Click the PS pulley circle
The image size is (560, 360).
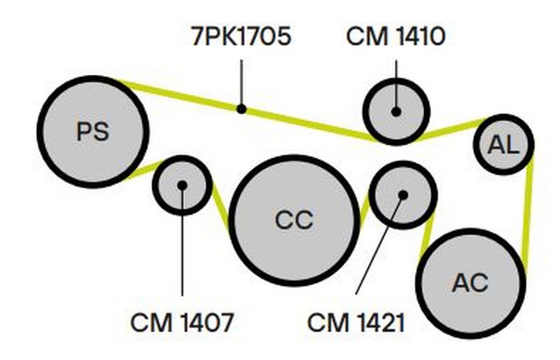pyautogui.click(x=92, y=131)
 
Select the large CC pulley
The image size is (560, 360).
pyautogui.click(x=293, y=220)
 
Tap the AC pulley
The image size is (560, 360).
pyautogui.click(x=470, y=283)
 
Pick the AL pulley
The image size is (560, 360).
pyautogui.click(x=504, y=145)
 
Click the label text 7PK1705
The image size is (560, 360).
pyautogui.click(x=241, y=36)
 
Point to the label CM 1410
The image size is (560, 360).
pyautogui.click(x=395, y=36)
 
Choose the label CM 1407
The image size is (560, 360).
pyautogui.click(x=181, y=324)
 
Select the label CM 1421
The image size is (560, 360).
pyautogui.click(x=357, y=324)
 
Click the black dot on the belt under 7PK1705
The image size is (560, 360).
pyautogui.click(x=241, y=109)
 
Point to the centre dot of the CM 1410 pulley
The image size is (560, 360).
pyautogui.click(x=395, y=111)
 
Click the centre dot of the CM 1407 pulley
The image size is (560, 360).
pyautogui.click(x=182, y=186)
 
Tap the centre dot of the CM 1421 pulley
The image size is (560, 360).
pyautogui.click(x=402, y=195)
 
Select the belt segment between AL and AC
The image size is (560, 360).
pyautogui.click(x=528, y=210)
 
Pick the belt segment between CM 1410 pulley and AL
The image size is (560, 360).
pyautogui.click(x=451, y=129)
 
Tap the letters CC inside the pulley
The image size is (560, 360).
pyautogui.click(x=293, y=220)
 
